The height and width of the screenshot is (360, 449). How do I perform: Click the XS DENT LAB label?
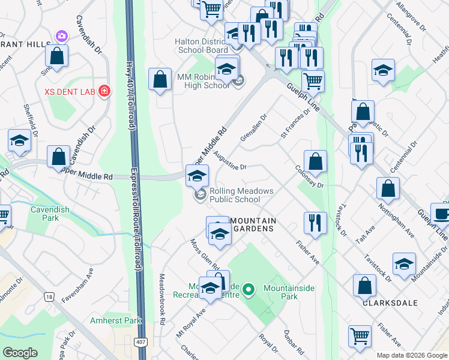71,92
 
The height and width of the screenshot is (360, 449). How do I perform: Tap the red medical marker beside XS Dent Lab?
104,91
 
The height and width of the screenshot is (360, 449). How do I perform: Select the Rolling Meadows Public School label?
241,196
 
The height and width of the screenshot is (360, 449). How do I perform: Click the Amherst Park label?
115,320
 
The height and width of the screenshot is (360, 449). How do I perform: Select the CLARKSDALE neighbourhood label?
390,303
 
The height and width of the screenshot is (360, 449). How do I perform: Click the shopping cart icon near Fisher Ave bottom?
360,337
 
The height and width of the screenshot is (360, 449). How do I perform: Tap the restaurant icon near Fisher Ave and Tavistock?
315,223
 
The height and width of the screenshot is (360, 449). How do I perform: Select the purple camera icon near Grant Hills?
61,37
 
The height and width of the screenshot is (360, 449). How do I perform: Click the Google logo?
20,353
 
